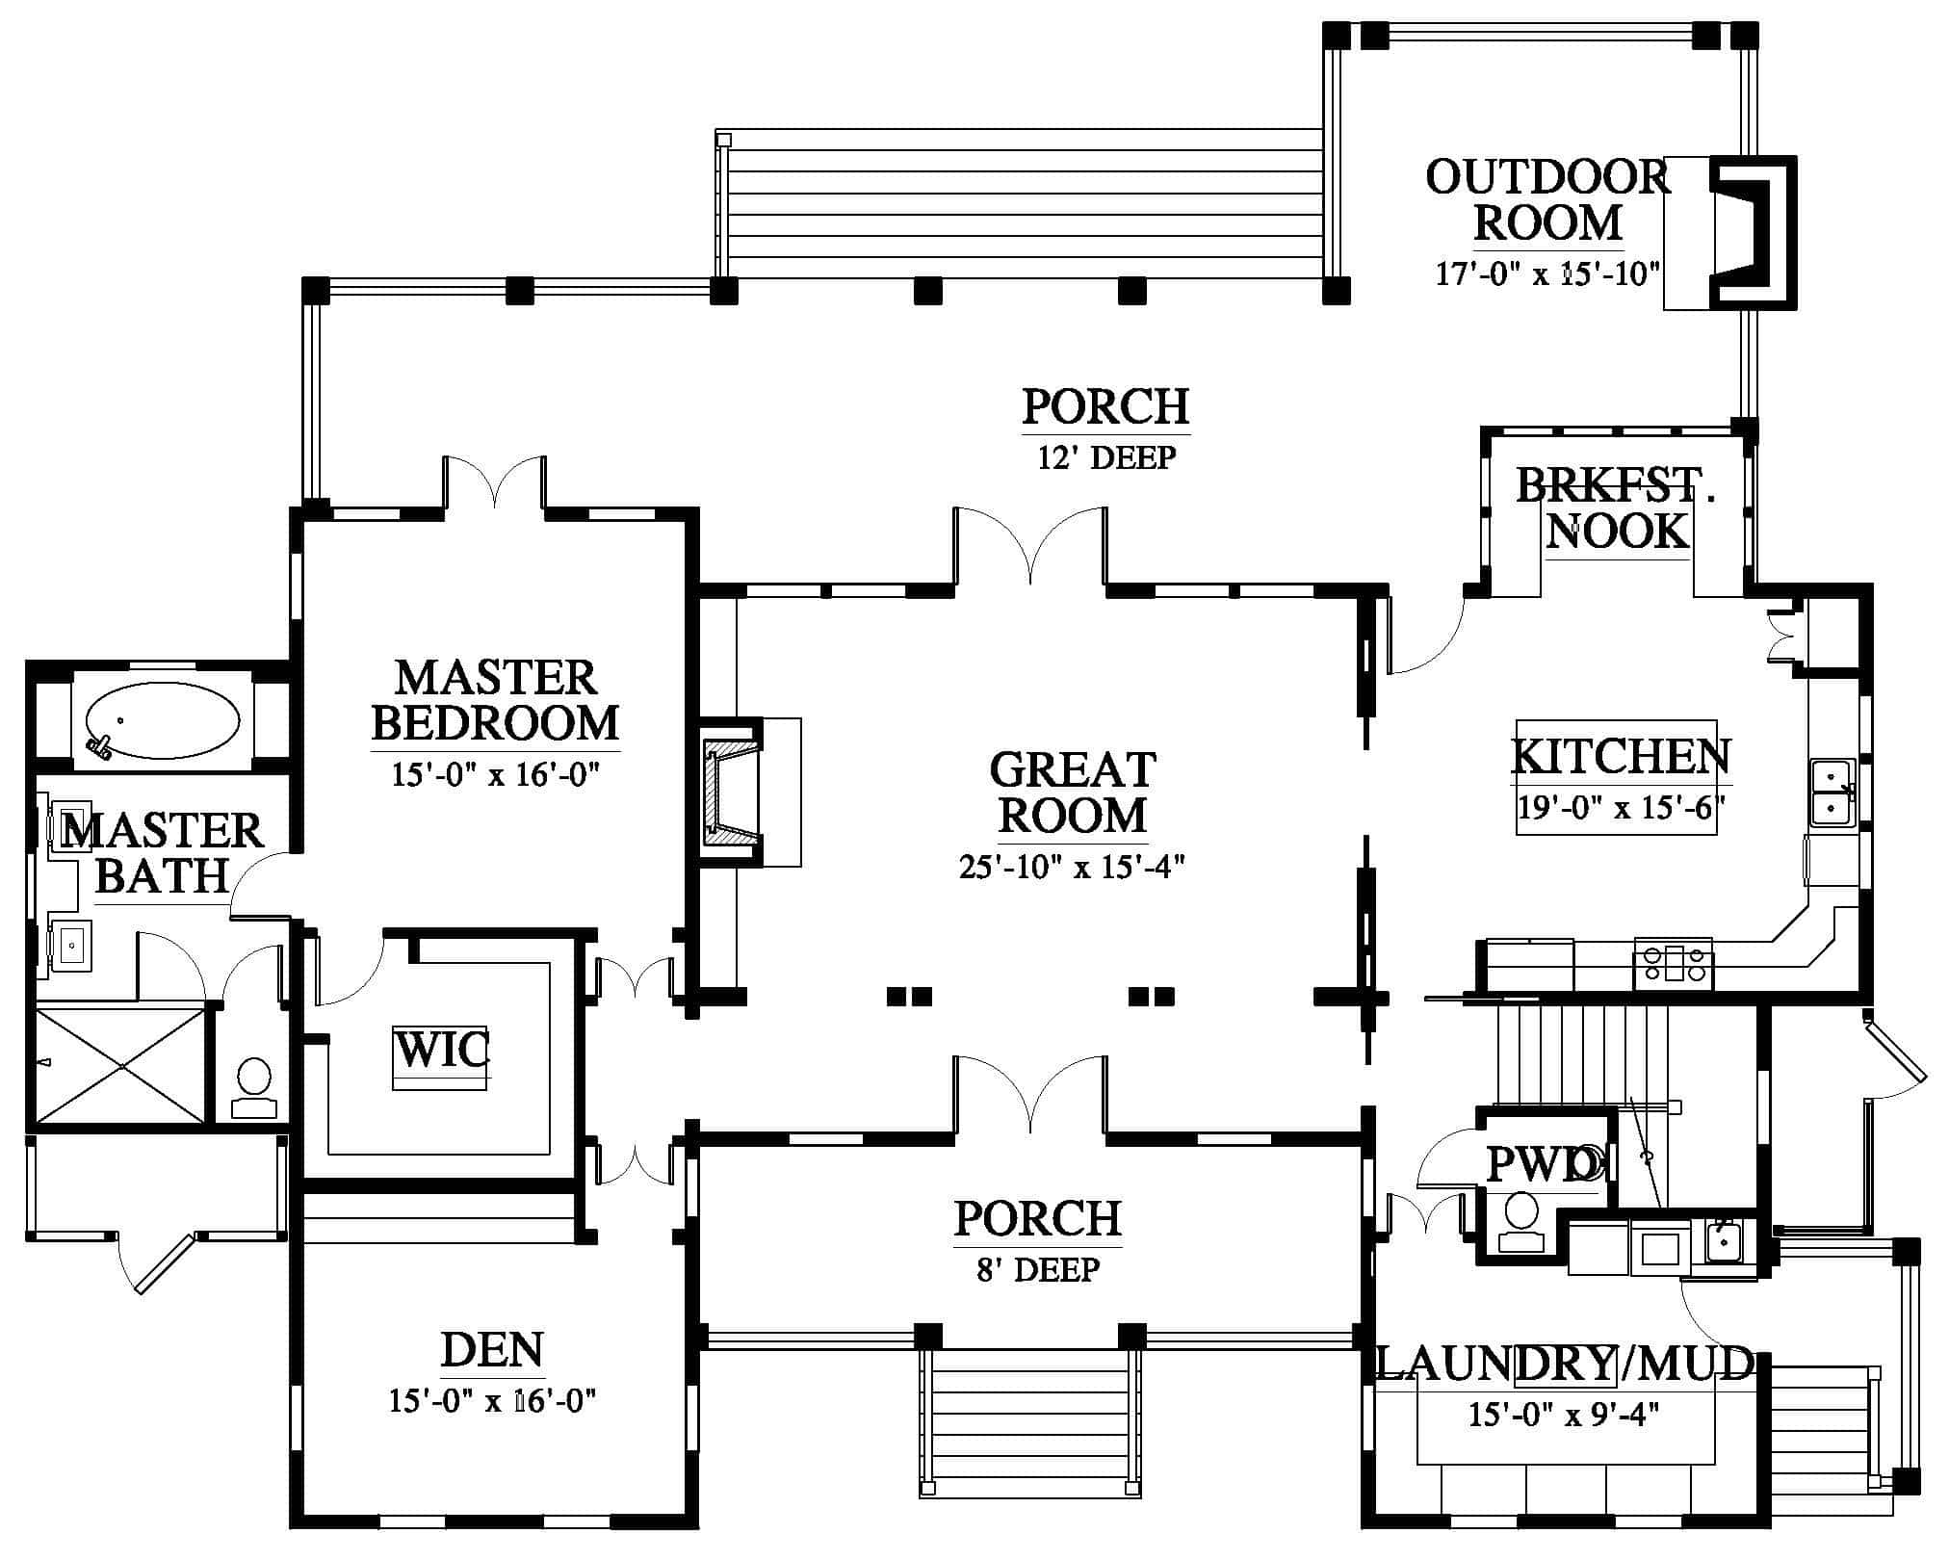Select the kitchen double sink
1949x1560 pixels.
1833,792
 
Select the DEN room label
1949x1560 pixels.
492,1350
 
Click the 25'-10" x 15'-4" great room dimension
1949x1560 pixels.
1072,867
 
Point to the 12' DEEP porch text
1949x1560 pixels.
1106,456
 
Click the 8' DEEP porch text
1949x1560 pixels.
1038,1269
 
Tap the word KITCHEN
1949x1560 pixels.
1621,756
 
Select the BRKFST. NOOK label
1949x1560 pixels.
1617,507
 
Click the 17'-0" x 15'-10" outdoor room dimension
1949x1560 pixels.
1548,274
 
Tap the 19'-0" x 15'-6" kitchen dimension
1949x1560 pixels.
1620,806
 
